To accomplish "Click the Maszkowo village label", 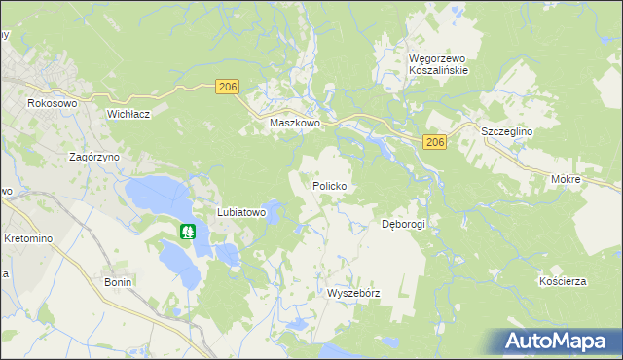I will point(296,125).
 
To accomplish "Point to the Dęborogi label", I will point(403,224).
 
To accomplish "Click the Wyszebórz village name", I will point(352,293).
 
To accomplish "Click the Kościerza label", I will point(563,281).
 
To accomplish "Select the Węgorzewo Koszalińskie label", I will point(438,64).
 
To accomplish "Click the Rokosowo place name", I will point(52,103).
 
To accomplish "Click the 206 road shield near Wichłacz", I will point(228,88).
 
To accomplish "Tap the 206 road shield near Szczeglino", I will point(435,143).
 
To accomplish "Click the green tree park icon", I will point(188,233).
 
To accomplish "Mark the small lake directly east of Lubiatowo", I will point(276,210).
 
